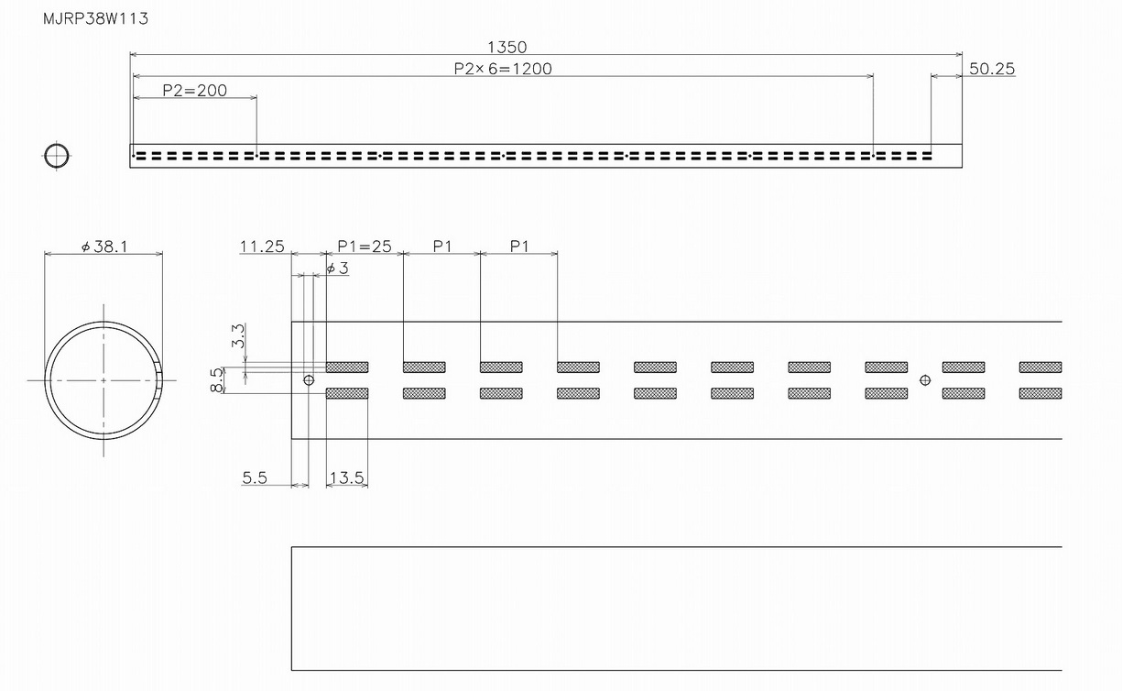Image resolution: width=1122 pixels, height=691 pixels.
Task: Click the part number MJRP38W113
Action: click(x=95, y=19)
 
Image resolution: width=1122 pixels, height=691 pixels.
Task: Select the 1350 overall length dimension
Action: click(x=507, y=47)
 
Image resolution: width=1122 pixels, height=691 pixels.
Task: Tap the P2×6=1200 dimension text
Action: click(x=503, y=69)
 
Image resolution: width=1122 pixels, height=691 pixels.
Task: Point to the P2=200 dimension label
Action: click(x=194, y=91)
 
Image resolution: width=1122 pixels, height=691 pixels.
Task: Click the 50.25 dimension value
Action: click(x=991, y=69)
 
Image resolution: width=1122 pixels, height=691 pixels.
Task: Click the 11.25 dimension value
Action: click(x=262, y=247)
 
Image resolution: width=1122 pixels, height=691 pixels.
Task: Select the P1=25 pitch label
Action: click(x=364, y=247)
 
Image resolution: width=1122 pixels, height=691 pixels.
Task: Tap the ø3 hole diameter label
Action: click(x=337, y=268)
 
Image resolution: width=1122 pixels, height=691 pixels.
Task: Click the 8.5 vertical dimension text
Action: click(x=215, y=379)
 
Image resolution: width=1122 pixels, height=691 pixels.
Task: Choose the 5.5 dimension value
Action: click(x=255, y=477)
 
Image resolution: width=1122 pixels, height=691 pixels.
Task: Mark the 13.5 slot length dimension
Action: click(x=346, y=477)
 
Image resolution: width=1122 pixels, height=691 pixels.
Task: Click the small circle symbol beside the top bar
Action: click(x=57, y=156)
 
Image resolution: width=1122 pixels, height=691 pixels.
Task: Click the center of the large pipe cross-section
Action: click(x=103, y=379)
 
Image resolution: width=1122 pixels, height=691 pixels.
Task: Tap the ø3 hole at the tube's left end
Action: click(x=309, y=379)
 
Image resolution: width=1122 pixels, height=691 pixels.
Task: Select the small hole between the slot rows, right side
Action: click(x=925, y=379)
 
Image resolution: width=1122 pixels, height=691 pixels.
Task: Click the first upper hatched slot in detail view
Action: click(x=347, y=367)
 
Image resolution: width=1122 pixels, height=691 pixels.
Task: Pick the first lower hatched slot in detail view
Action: click(x=347, y=393)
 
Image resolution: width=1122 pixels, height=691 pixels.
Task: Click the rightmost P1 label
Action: click(x=519, y=247)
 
